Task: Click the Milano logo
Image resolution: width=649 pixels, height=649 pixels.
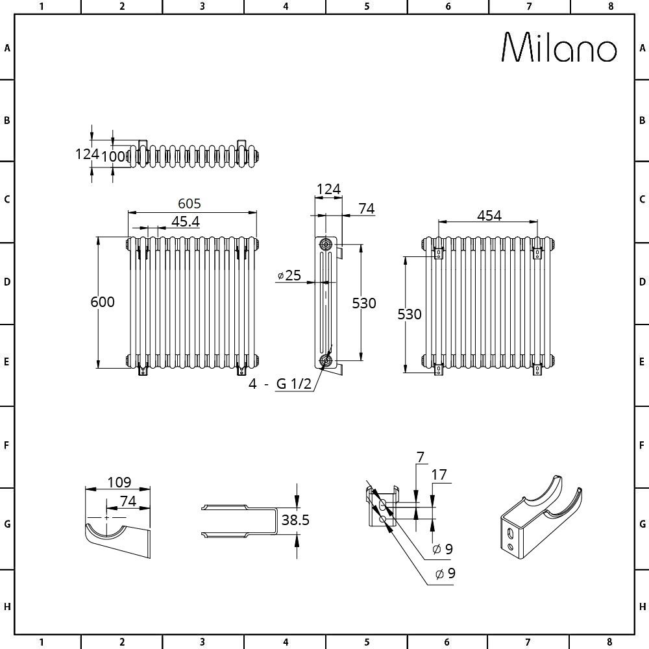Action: point(559,48)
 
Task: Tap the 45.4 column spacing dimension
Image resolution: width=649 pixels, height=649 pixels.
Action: point(185,221)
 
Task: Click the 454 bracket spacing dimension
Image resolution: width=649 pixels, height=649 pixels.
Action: point(489,215)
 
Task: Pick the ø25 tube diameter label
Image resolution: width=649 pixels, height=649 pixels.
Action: point(289,276)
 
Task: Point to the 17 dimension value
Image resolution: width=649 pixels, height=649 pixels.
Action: point(439,474)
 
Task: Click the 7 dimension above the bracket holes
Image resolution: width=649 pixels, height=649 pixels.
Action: point(420,458)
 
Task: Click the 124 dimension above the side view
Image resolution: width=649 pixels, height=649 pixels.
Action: point(328,189)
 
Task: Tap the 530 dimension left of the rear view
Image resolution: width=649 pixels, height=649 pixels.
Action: point(410,315)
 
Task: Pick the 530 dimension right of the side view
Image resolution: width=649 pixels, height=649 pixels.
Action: point(363,302)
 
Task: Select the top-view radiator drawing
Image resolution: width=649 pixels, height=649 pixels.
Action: point(195,156)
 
